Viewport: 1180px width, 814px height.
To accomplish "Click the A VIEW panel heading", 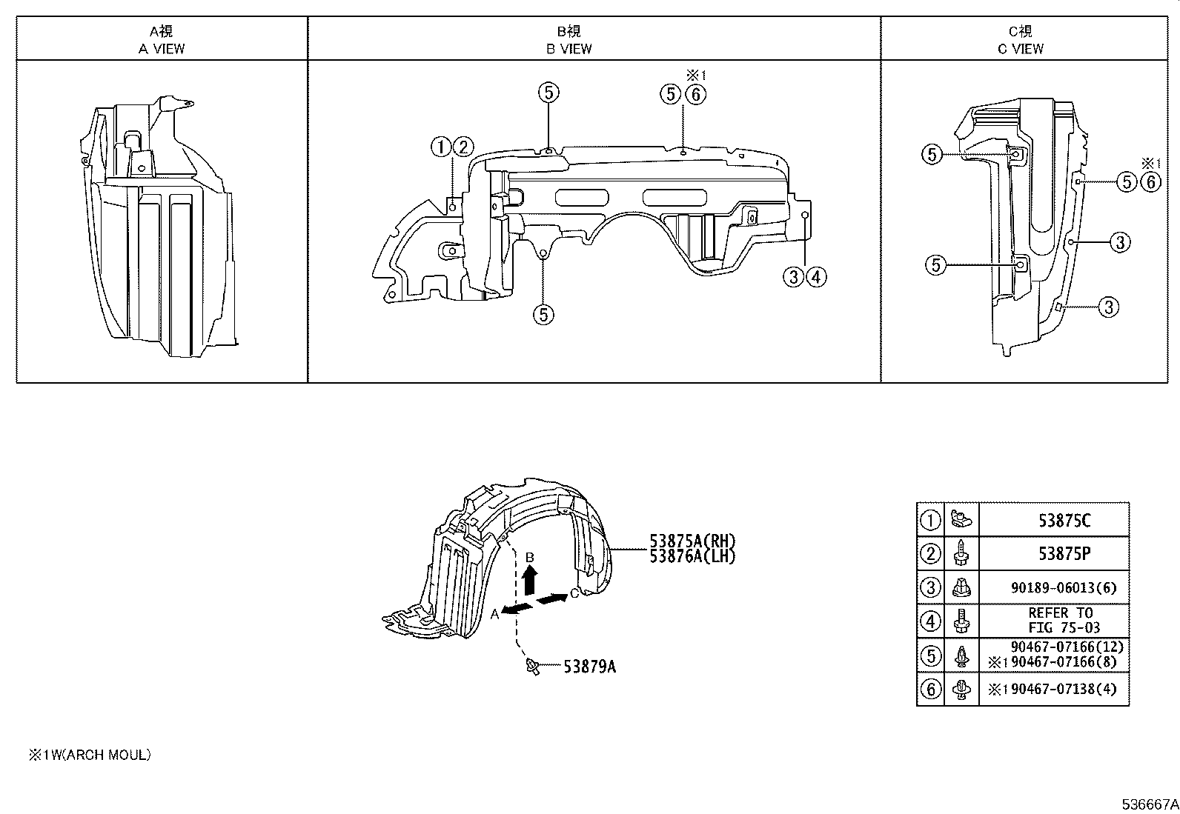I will (162, 40).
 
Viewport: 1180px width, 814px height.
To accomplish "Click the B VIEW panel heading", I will (569, 40).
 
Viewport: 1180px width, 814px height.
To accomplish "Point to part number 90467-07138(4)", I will (1060, 690).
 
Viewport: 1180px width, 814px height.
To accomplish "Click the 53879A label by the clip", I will (589, 667).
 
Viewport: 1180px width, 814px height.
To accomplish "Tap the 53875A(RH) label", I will (692, 541).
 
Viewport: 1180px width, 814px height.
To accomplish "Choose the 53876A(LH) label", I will (692, 556).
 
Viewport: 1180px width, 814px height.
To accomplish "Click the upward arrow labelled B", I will (529, 578).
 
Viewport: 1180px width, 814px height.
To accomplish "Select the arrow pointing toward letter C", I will (552, 598).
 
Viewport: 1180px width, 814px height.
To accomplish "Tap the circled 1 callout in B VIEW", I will (441, 147).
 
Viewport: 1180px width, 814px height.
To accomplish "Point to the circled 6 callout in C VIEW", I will (1150, 181).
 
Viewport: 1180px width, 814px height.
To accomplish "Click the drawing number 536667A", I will (1149, 804).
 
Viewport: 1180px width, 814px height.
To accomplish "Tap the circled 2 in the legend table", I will (930, 554).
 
